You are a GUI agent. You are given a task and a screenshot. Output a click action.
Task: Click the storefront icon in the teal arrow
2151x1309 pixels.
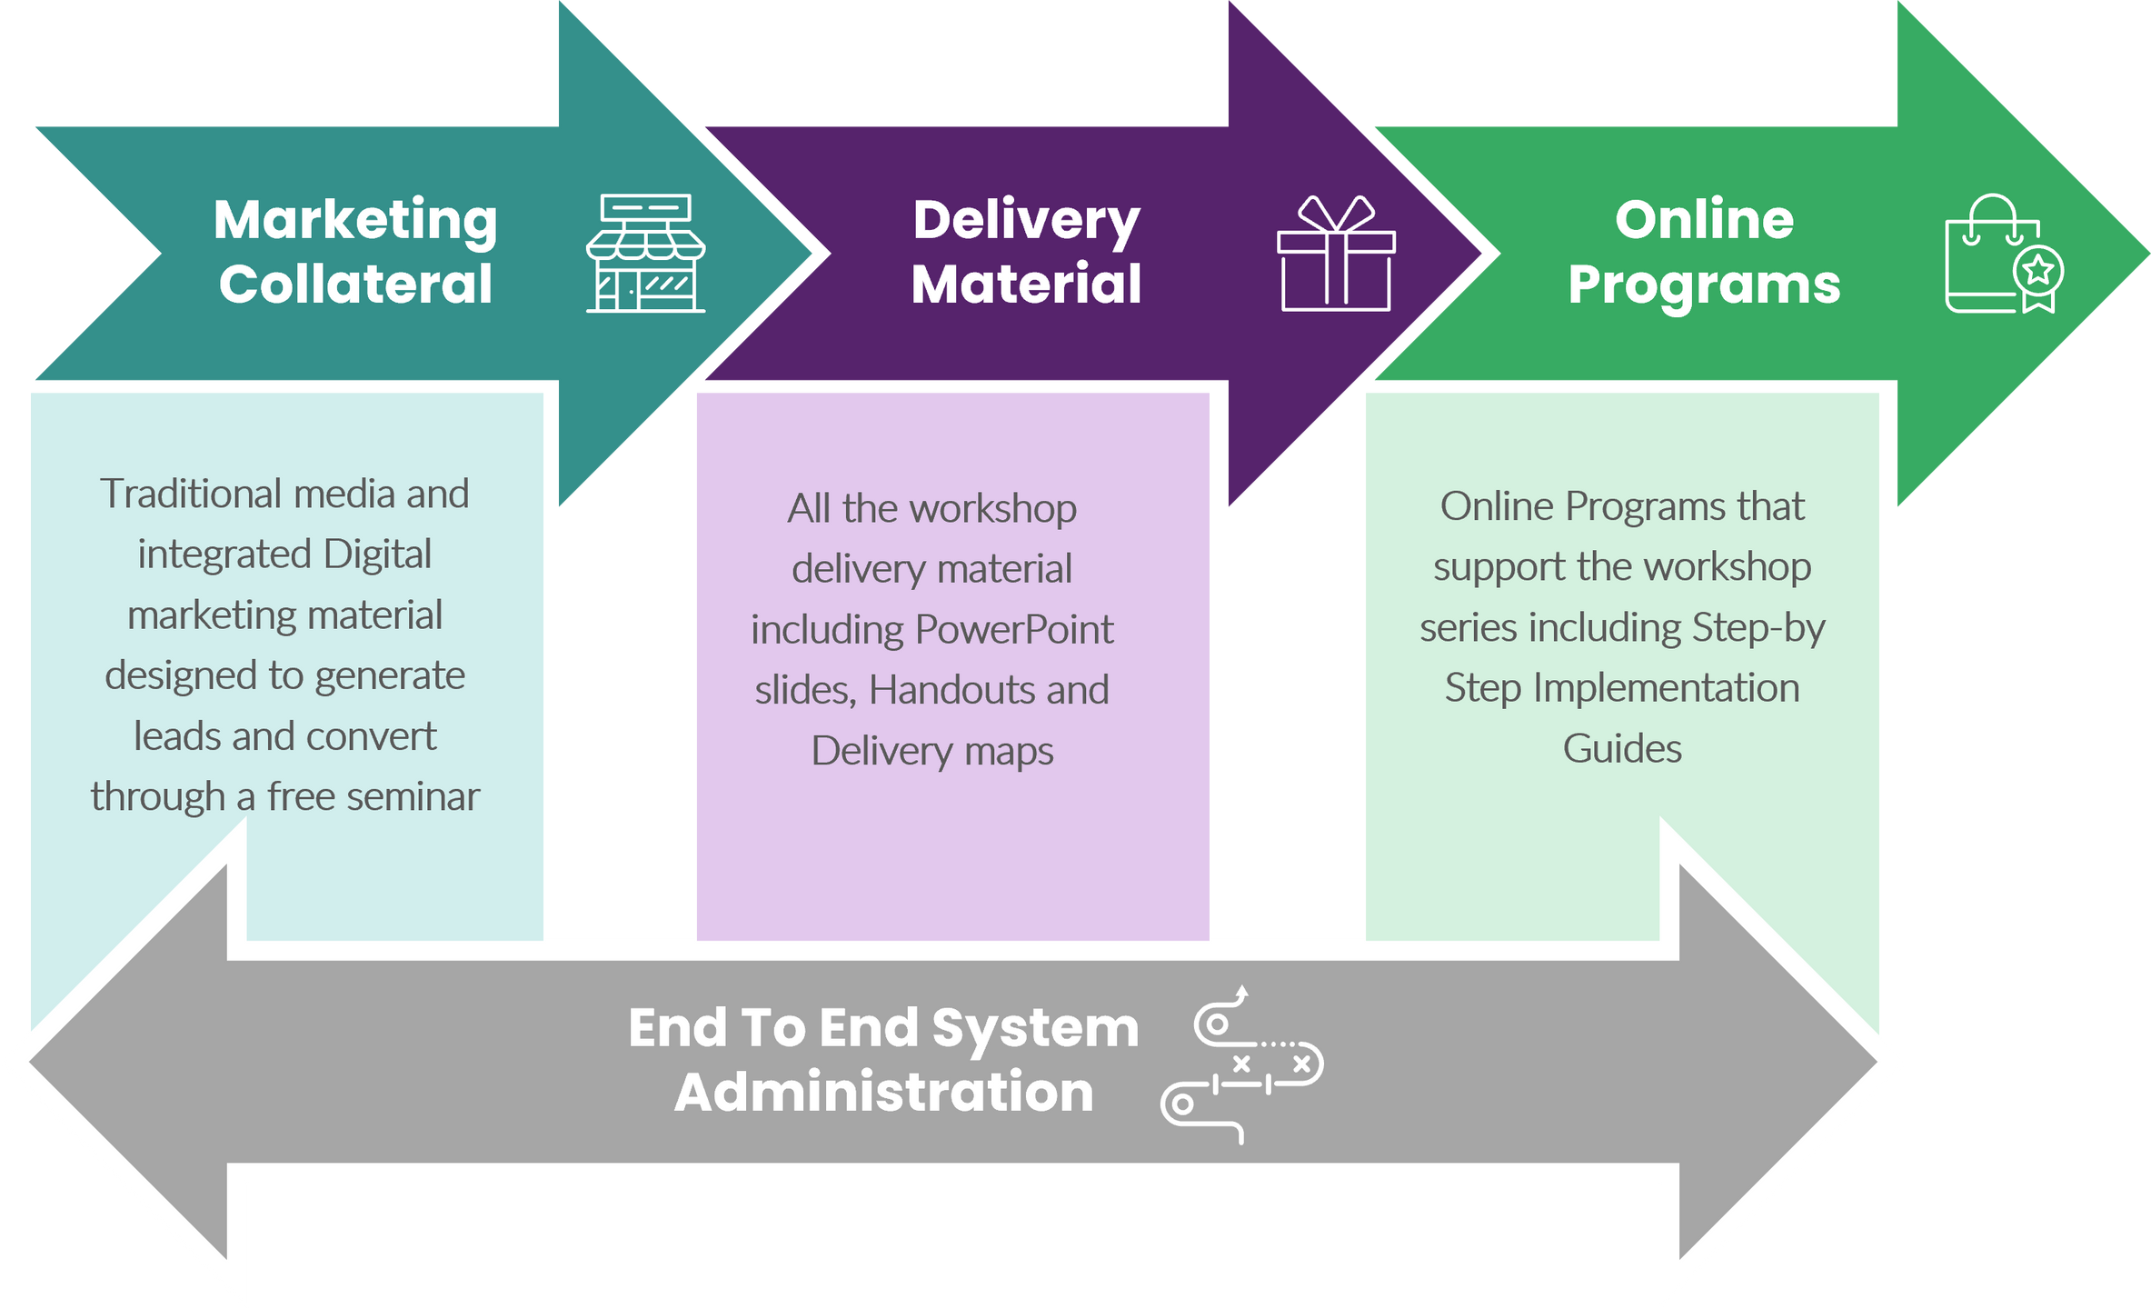click(645, 253)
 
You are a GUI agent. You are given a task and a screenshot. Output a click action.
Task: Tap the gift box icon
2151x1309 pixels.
click(1336, 254)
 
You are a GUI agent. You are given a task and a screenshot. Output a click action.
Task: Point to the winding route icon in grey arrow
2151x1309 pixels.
click(1241, 1064)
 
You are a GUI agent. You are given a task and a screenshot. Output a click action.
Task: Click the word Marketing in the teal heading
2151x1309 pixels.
click(355, 221)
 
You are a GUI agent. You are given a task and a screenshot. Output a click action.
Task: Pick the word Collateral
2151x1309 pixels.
click(355, 285)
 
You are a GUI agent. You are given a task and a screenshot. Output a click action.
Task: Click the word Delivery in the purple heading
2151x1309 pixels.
click(1026, 221)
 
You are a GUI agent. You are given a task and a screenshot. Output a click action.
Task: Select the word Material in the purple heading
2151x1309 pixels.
click(1026, 285)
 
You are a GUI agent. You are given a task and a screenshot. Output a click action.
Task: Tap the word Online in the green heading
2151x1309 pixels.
click(1704, 220)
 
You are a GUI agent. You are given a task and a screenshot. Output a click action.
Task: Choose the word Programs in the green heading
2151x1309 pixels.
click(1704, 285)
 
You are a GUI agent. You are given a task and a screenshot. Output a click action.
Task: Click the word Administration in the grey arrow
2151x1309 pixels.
click(883, 1092)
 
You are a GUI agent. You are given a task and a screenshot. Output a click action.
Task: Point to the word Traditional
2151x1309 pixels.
click(191, 495)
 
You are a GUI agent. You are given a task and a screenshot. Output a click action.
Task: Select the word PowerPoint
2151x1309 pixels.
click(1013, 630)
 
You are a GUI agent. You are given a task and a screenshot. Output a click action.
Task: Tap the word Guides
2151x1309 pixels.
click(1622, 749)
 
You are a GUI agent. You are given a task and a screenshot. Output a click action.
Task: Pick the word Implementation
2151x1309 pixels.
click(1666, 688)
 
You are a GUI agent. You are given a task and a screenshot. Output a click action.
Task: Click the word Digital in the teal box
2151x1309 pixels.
click(377, 555)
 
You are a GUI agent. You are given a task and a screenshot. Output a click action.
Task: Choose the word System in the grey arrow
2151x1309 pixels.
click(1035, 1028)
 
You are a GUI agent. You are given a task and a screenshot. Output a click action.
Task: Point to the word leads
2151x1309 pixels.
click(178, 736)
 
